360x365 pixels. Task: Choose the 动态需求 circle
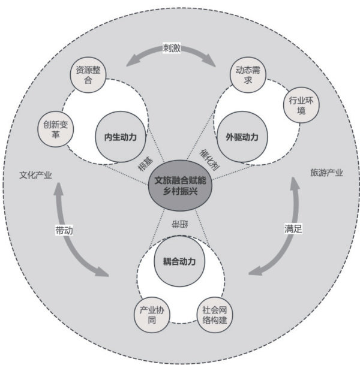click(247, 74)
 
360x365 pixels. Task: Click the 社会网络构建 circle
click(215, 315)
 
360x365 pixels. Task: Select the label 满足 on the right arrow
click(293, 228)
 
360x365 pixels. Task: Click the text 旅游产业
click(326, 173)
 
